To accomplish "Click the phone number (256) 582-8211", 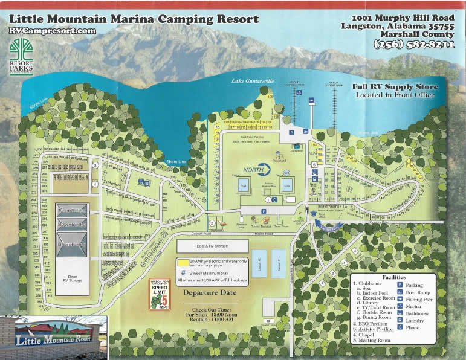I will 414,44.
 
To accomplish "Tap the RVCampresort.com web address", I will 53,31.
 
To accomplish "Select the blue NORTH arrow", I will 258,170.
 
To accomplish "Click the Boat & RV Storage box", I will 212,245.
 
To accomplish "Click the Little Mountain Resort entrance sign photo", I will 54,337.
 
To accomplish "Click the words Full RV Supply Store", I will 395,87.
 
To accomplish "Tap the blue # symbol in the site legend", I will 181,273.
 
